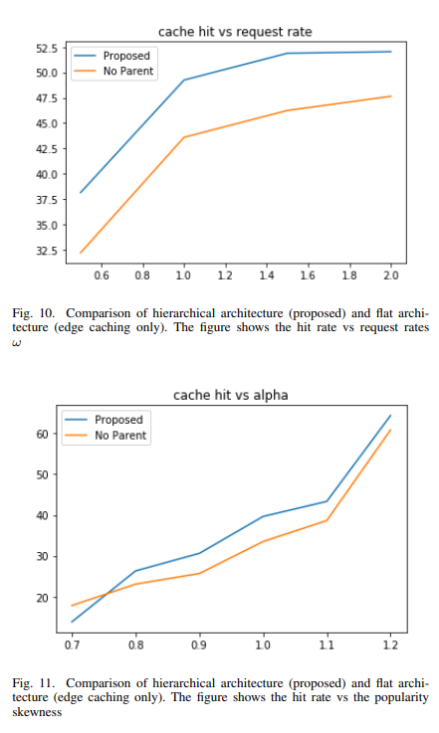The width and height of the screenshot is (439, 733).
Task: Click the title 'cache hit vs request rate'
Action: pyautogui.click(x=235, y=32)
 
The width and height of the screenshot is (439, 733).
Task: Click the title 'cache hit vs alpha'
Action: pyautogui.click(x=231, y=396)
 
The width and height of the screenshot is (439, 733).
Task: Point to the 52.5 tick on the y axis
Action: pyautogui.click(x=47, y=48)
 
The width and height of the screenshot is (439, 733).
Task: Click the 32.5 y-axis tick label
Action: pyautogui.click(x=47, y=251)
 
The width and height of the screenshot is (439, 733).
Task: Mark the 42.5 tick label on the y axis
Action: pyautogui.click(x=47, y=149)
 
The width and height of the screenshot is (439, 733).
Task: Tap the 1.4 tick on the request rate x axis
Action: pyautogui.click(x=267, y=275)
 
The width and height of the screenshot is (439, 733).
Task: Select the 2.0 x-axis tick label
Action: pyautogui.click(x=391, y=275)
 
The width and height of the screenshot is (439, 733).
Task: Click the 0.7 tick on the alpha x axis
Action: pyautogui.click(x=72, y=645)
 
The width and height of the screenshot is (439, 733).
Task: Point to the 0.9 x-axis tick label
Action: pyautogui.click(x=199, y=645)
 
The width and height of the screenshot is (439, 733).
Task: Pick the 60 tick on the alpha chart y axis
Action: pyautogui.click(x=42, y=434)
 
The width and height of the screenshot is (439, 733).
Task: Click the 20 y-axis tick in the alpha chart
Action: pyautogui.click(x=42, y=598)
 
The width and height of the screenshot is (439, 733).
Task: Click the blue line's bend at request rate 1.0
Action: pyautogui.click(x=184, y=80)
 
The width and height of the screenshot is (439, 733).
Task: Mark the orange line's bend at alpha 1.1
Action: pyautogui.click(x=327, y=520)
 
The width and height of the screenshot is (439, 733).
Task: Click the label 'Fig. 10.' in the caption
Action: pyautogui.click(x=33, y=313)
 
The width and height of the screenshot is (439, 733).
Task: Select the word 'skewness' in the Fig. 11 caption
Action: pyautogui.click(x=37, y=712)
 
